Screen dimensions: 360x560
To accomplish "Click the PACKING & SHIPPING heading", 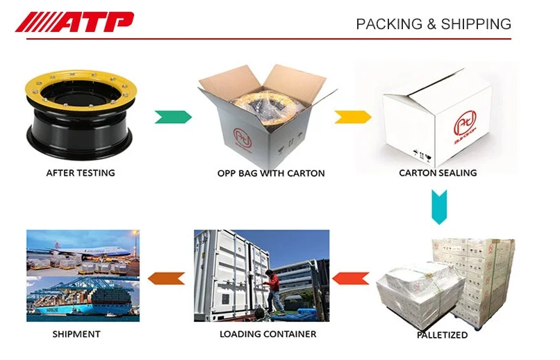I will tap(434, 24).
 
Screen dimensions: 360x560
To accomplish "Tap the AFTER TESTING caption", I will tap(81, 173).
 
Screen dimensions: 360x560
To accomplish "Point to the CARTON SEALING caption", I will tap(438, 172).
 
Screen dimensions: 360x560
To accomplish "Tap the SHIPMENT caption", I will tap(76, 334).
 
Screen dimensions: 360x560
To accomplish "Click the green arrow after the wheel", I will tap(173, 115).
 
